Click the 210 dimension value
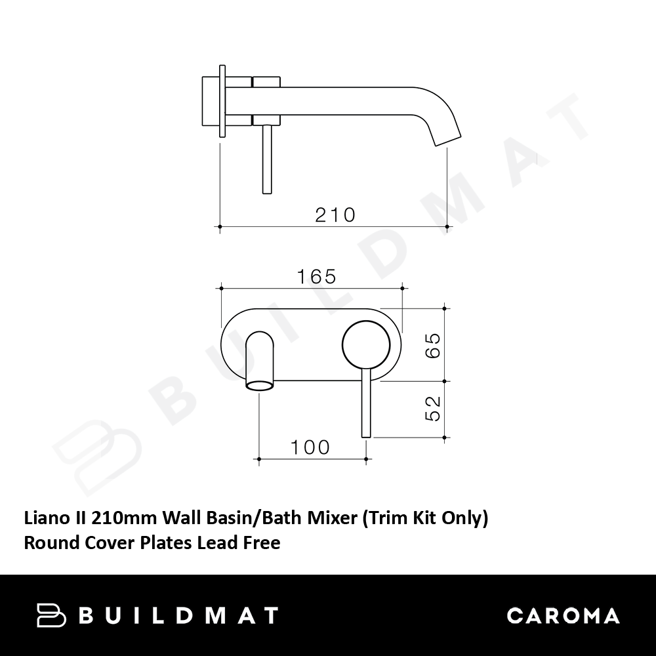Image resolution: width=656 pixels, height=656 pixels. (335, 215)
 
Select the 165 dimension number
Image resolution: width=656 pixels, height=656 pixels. (316, 277)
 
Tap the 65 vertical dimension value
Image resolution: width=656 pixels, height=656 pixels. (433, 346)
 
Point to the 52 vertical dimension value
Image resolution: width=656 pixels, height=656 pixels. (433, 408)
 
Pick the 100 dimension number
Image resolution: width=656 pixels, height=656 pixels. (310, 447)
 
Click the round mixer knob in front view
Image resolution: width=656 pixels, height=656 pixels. (366, 345)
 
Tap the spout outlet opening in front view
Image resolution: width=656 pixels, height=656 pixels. (259, 386)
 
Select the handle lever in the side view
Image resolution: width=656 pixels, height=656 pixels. (267, 159)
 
